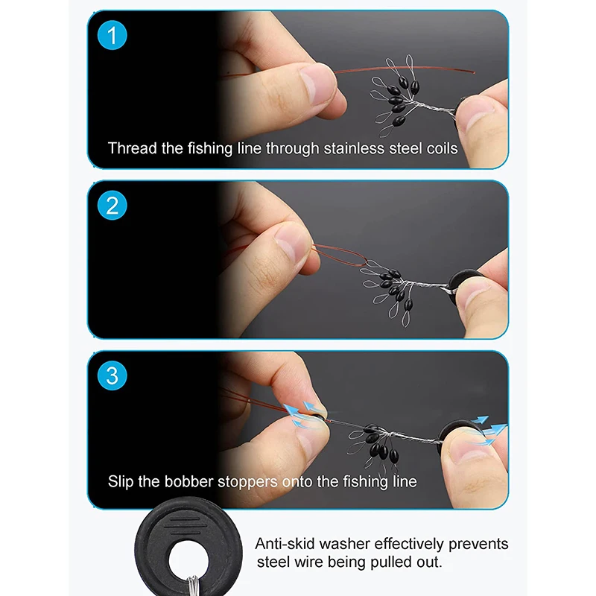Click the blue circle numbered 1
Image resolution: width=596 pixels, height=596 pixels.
point(112,35)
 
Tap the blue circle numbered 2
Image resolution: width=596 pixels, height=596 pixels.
point(112,206)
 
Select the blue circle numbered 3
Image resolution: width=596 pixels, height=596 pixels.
point(112,375)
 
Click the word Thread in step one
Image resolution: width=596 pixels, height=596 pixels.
point(133,148)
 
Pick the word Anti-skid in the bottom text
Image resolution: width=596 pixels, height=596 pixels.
point(285,544)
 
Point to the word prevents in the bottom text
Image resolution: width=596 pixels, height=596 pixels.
point(478,545)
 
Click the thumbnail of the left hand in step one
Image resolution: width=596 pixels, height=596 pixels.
point(315,83)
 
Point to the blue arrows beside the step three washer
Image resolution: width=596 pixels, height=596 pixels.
point(489,430)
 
